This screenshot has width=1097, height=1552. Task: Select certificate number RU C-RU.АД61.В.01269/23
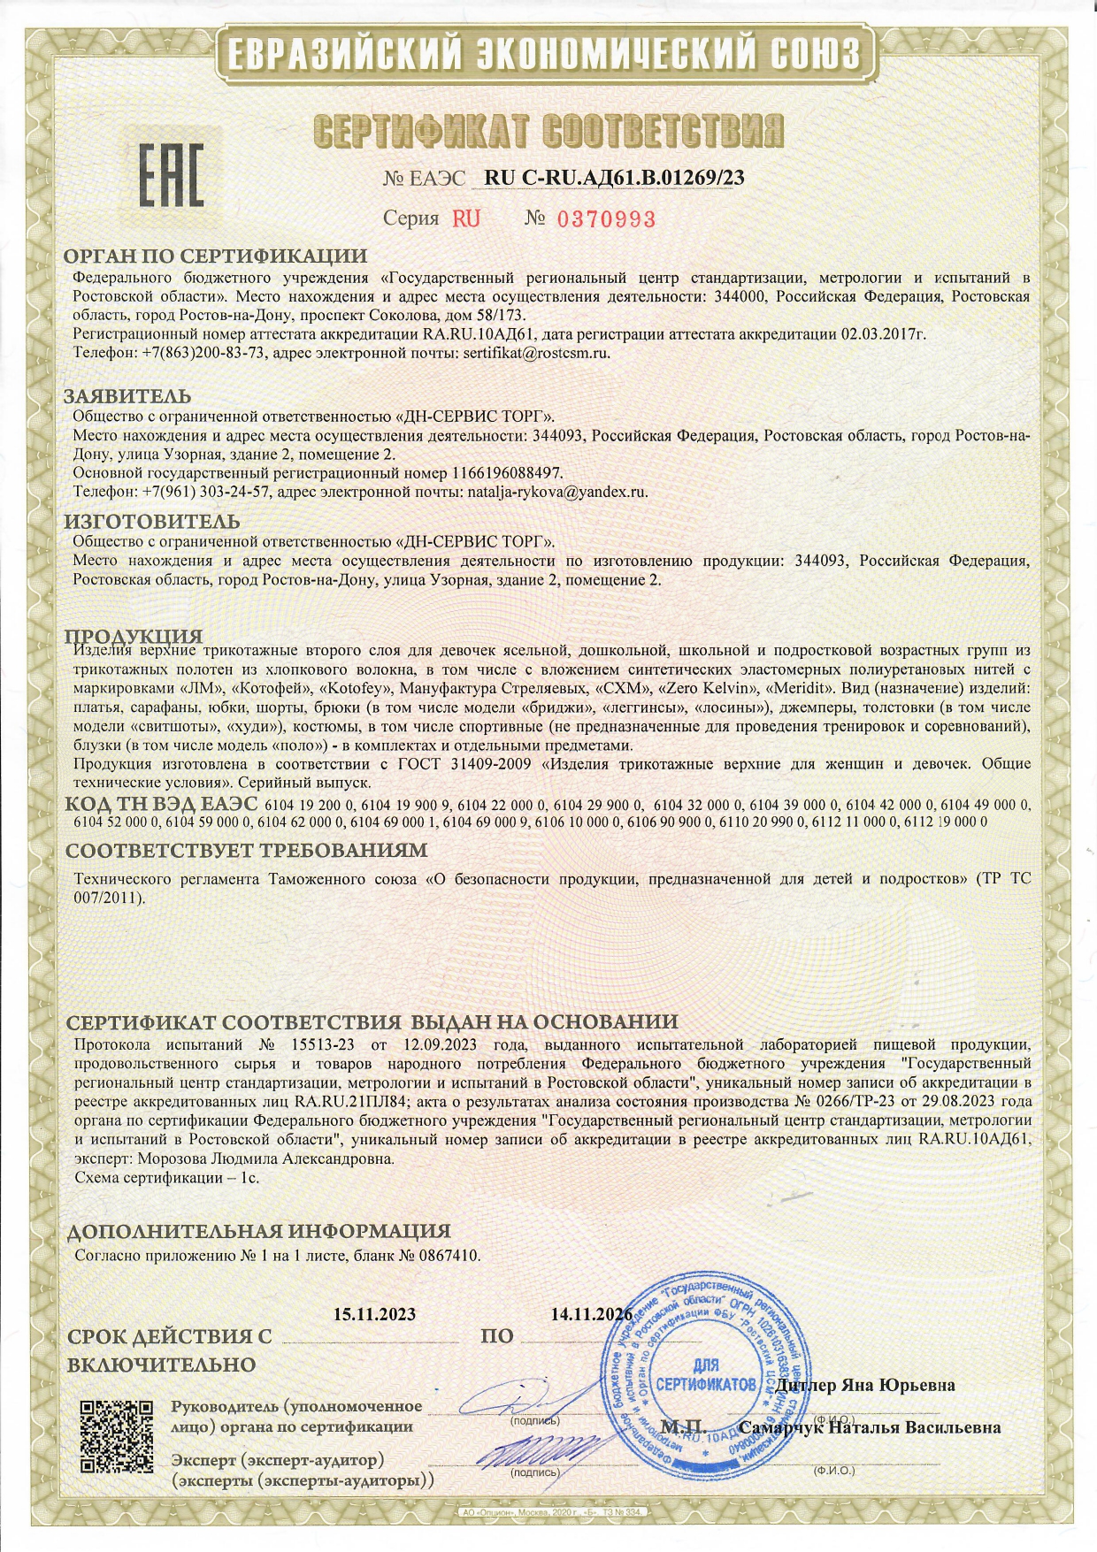[x=615, y=178]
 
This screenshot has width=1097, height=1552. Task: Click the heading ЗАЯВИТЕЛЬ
[x=128, y=396]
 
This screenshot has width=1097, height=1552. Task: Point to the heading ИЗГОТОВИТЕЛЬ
[x=153, y=522]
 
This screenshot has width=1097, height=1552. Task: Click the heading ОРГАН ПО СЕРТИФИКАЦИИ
[x=216, y=256]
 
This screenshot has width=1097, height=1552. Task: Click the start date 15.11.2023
[x=375, y=1315]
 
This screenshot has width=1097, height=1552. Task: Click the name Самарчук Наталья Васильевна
[x=870, y=1427]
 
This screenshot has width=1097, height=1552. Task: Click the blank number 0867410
[x=449, y=1255]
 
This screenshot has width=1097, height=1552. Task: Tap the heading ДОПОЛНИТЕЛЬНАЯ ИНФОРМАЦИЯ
[x=259, y=1231]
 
